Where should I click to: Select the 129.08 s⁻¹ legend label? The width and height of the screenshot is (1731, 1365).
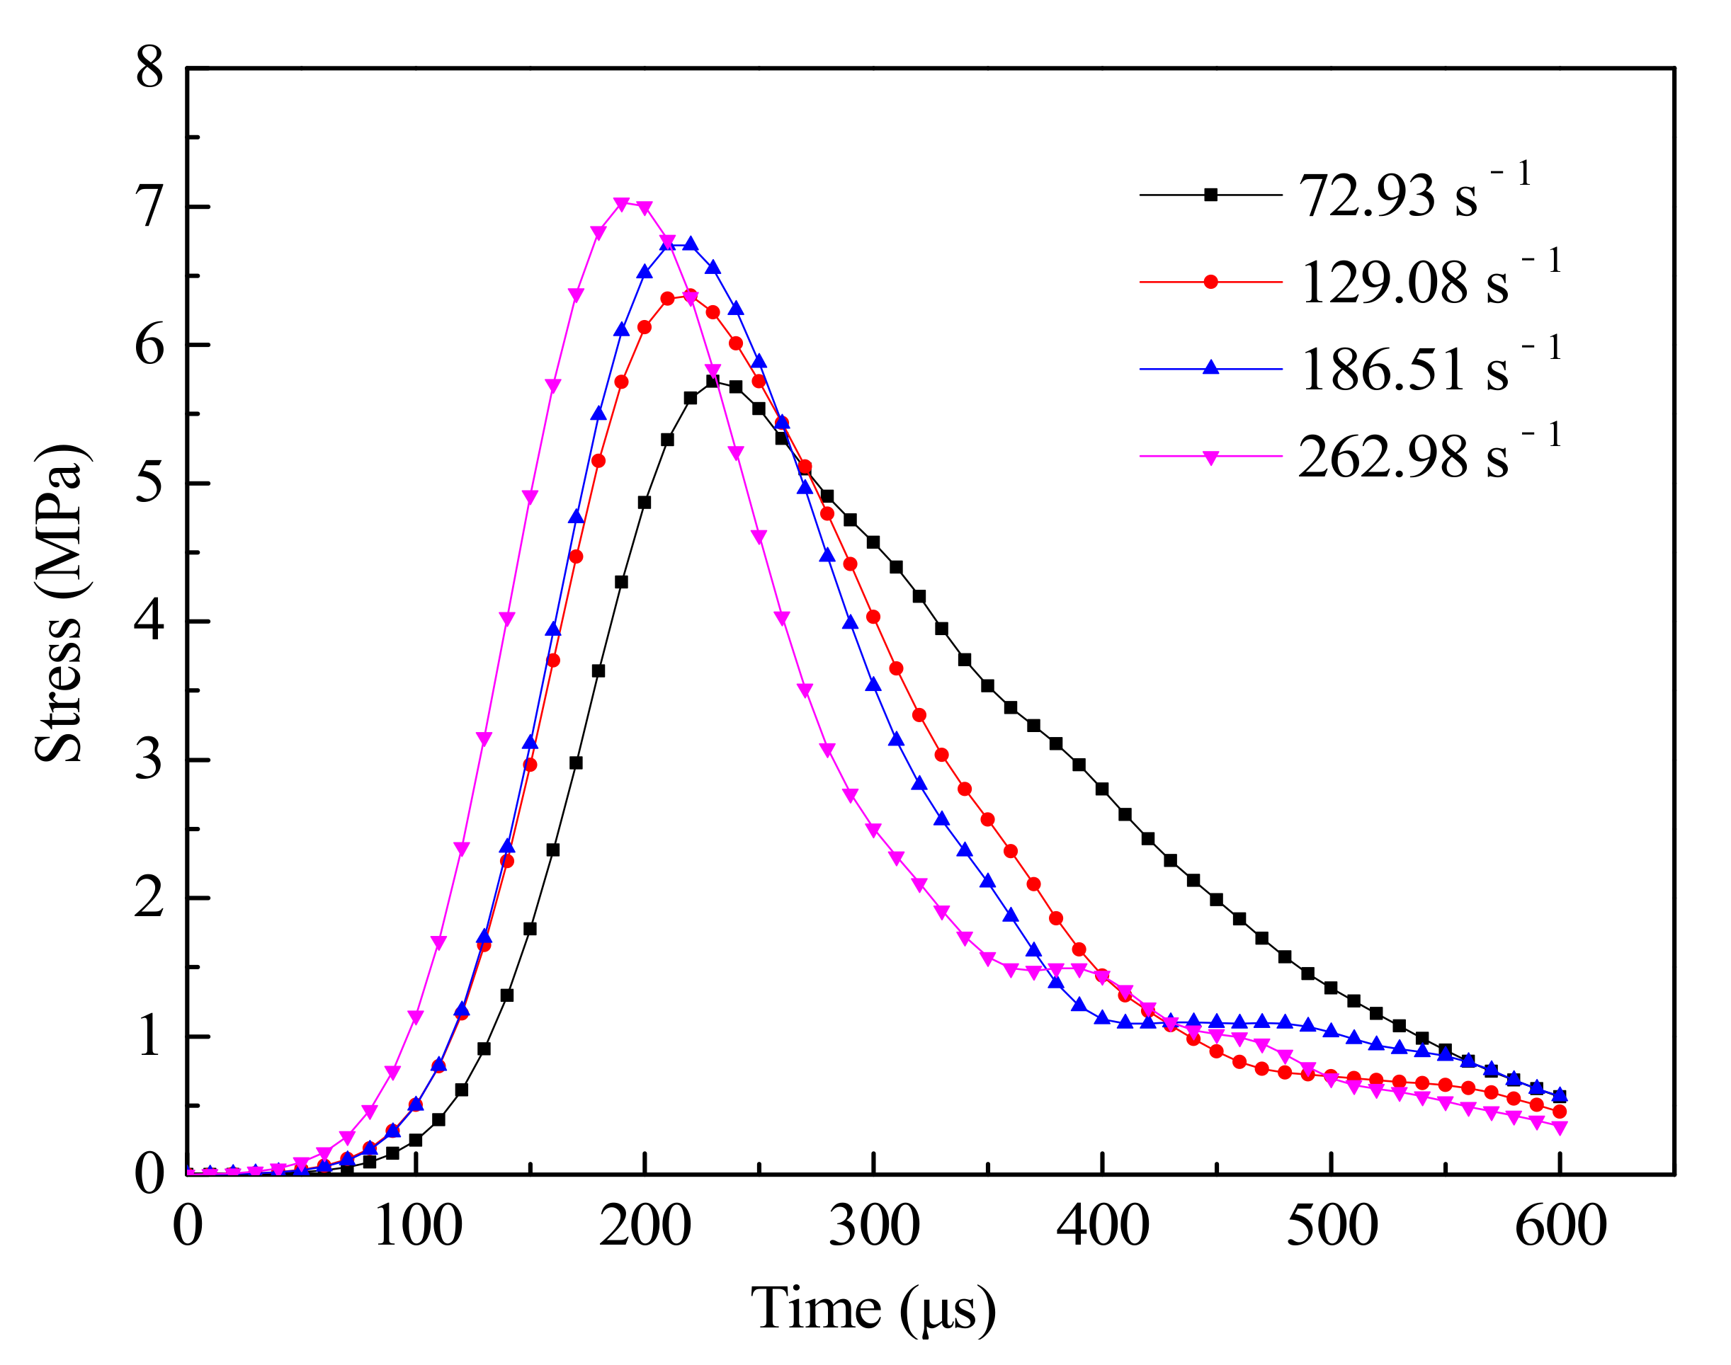coord(1428,282)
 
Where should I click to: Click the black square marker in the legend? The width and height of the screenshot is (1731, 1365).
coord(1210,195)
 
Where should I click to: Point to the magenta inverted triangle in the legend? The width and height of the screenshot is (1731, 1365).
coord(1210,457)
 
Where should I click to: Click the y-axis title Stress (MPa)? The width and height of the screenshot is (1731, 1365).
coord(59,603)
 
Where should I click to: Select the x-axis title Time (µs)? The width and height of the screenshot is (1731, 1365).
coord(873,1309)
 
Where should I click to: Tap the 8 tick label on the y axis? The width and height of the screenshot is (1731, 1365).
coord(149,68)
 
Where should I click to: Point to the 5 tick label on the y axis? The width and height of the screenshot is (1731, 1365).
coord(149,483)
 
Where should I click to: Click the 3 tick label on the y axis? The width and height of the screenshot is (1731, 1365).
coord(149,759)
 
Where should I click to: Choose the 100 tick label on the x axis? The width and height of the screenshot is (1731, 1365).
coord(417,1225)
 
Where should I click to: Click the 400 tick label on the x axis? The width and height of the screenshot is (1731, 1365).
coord(1103,1225)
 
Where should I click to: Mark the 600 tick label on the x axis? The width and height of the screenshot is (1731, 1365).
coord(1560,1225)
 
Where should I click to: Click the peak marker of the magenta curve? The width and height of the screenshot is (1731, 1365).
coord(621,205)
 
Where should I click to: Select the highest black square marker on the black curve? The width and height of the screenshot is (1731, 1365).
coord(713,381)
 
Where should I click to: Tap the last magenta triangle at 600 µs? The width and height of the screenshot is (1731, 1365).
coord(1559,1128)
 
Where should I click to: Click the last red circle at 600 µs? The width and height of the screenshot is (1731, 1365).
coord(1559,1112)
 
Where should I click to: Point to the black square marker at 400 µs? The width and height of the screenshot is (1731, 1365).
coord(1102,789)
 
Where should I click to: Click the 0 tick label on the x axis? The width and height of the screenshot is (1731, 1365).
coord(188,1225)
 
